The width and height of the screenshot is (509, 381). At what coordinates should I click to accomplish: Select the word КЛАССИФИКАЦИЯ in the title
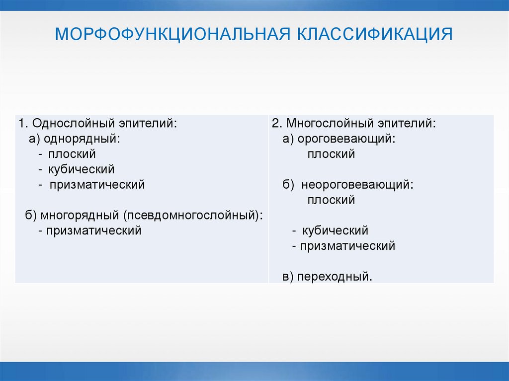[375, 35]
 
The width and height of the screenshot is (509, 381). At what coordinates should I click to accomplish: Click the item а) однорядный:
[75, 139]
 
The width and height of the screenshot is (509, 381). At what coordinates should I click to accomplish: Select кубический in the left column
[81, 169]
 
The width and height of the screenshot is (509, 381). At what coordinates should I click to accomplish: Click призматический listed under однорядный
[97, 185]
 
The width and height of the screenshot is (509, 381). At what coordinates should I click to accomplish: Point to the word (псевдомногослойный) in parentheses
[194, 216]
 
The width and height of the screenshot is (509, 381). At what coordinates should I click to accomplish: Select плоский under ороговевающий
[331, 154]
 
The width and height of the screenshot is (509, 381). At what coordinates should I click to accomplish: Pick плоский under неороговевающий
[331, 200]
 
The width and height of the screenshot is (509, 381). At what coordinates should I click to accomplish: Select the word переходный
[334, 277]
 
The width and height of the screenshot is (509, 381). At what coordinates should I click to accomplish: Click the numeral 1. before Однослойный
[22, 123]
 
